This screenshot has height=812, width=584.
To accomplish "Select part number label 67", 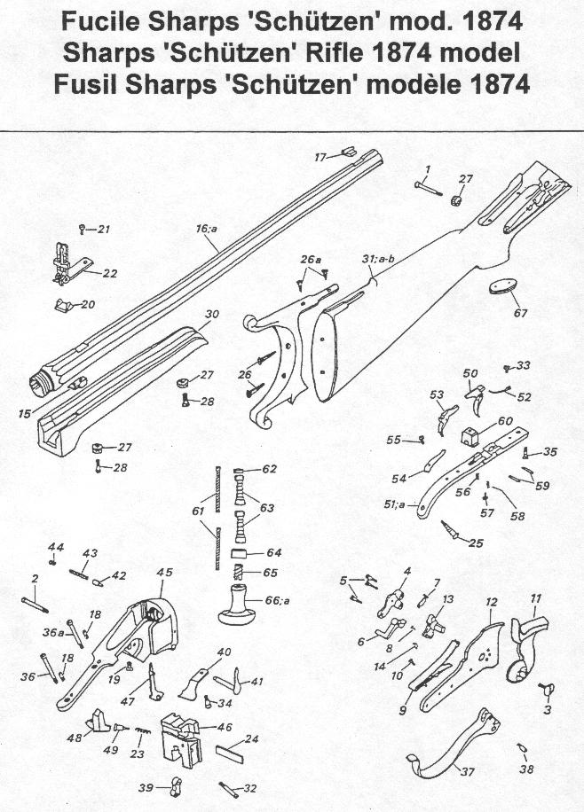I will (x=520, y=313).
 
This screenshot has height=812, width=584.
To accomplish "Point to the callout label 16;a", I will (x=207, y=229).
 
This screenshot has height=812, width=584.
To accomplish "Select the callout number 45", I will (x=164, y=573).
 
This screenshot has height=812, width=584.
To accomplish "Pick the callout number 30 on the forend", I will (x=211, y=315).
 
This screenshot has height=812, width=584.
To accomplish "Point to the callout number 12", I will (x=490, y=602).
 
